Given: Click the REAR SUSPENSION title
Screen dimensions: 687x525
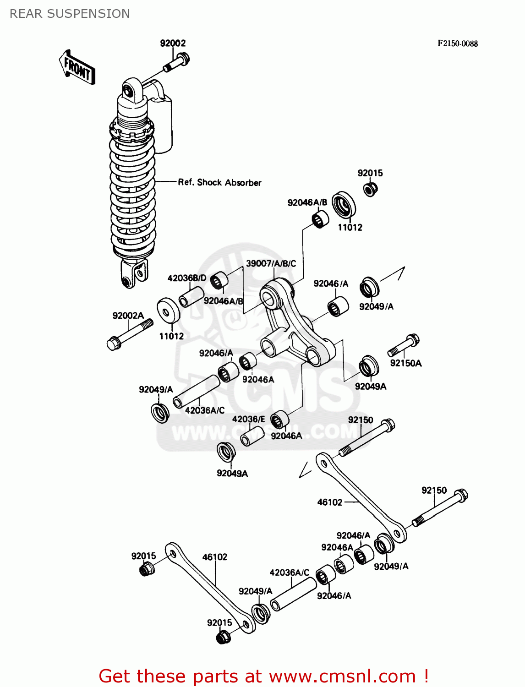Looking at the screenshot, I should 70,14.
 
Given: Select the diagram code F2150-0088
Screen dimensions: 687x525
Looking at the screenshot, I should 457,44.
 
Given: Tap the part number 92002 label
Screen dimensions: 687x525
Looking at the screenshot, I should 173,43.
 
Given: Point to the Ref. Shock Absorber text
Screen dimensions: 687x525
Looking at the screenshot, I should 219,182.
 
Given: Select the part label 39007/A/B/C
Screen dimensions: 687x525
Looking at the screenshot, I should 271,263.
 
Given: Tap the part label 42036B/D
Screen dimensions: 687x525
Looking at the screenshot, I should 187,278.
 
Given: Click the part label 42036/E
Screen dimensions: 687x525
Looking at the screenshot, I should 248,419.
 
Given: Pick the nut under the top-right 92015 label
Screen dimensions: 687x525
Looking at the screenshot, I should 370,188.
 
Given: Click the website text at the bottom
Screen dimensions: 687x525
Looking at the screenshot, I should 263,676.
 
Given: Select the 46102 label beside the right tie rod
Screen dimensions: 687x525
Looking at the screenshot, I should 330,502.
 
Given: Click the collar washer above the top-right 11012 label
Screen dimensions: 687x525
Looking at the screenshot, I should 344,204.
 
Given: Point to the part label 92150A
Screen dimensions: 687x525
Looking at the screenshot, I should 406,363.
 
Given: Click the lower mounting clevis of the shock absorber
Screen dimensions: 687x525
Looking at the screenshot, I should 134,274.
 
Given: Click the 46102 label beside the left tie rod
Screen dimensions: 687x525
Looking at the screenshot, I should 215,557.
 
